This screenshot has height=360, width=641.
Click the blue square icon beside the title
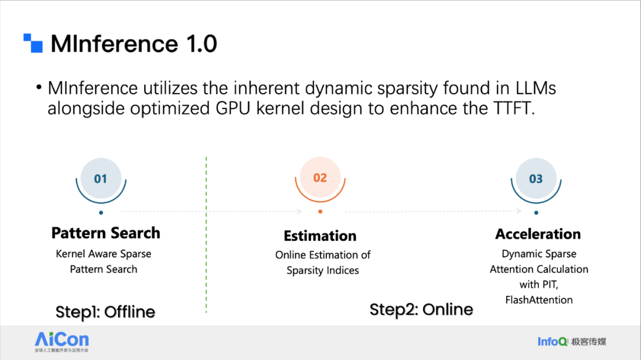[33, 43]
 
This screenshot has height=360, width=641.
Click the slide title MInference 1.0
[134, 44]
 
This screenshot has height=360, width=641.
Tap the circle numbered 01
[101, 178]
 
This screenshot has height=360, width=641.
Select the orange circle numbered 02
[320, 177]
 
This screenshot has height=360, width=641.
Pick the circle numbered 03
[536, 178]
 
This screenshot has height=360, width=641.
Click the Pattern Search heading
[106, 233]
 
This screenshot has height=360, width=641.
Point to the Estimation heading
[320, 236]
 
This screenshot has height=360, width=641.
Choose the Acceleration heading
[538, 234]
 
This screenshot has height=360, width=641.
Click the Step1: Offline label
[106, 312]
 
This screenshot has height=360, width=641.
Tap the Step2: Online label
[421, 310]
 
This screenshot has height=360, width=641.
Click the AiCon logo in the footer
[62, 342]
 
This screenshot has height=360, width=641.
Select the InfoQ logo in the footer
[572, 342]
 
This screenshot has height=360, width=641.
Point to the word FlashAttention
[539, 300]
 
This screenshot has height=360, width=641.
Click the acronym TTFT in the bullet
[514, 109]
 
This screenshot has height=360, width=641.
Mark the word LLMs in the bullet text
[535, 88]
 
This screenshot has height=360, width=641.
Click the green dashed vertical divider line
[206, 234]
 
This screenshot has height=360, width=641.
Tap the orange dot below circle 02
[320, 212]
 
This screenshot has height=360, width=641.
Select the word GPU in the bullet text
[233, 109]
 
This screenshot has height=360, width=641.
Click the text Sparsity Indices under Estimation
[322, 270]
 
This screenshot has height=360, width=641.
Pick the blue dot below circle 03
[537, 212]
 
